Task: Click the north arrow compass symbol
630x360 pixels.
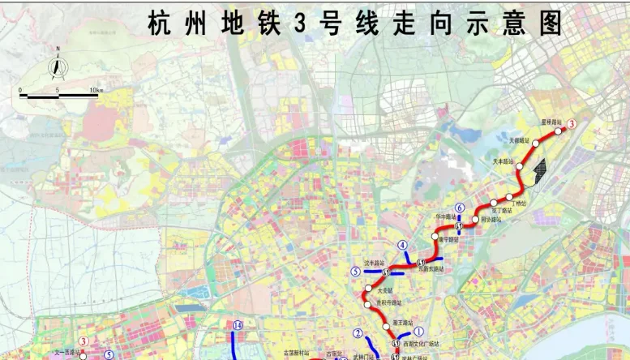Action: [59, 63]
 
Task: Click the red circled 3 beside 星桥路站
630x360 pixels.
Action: [571, 125]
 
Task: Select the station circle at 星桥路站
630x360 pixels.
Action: [558, 131]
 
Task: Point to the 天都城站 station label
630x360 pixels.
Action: [519, 140]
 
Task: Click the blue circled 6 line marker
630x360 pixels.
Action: [460, 208]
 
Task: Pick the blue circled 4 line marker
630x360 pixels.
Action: [401, 246]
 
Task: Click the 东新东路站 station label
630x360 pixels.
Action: [431, 268]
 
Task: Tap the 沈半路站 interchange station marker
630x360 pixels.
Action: [387, 271]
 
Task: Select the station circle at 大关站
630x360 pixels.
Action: [369, 289]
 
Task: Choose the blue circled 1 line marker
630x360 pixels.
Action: [419, 332]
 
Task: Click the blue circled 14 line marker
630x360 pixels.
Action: [238, 326]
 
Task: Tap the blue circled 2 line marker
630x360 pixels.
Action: [358, 333]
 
